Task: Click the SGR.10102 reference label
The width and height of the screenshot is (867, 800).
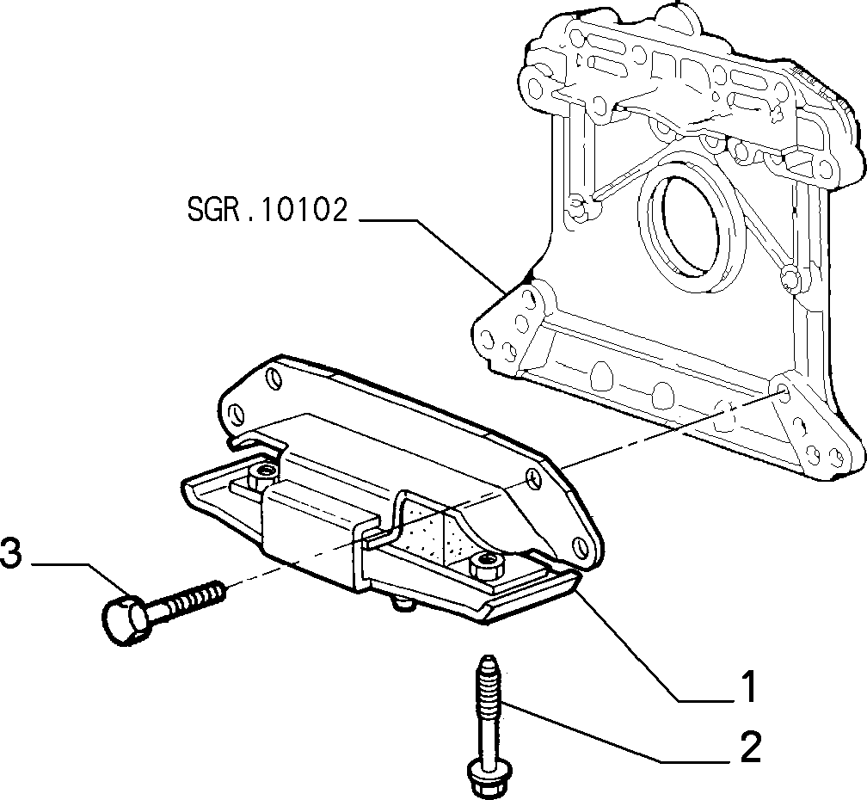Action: (268, 210)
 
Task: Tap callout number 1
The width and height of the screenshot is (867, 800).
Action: (747, 686)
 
